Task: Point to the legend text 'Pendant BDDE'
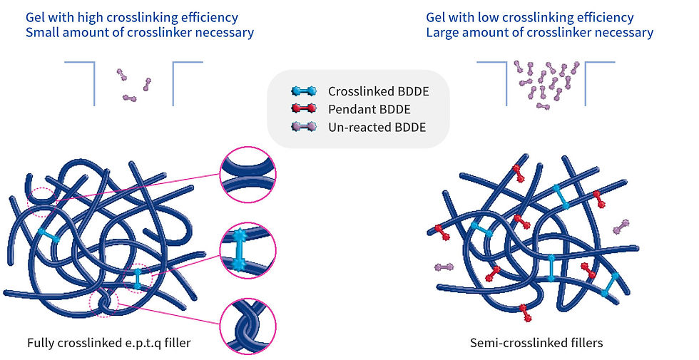click(363, 109)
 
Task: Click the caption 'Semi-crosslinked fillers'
click(536, 343)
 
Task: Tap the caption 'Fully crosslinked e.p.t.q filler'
click(108, 343)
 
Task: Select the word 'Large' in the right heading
click(443, 33)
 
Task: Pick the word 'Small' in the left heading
click(41, 33)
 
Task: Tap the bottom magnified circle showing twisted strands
click(248, 326)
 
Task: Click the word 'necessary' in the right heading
click(626, 33)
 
